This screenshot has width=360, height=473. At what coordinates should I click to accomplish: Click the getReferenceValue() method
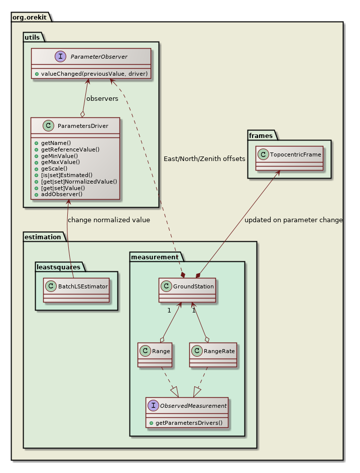pos(70,149)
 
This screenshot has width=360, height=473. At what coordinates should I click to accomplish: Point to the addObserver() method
pos(62,194)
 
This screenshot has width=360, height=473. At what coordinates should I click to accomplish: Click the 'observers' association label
pos(102,98)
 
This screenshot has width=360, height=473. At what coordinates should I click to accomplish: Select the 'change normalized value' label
pos(108,220)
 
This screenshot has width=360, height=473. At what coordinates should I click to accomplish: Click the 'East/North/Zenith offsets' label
pos(204,159)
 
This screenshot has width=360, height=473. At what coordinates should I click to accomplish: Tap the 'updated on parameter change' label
pos(293,220)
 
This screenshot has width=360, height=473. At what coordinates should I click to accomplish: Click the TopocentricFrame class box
pos(289,158)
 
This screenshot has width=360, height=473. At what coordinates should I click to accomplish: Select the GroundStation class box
pos(187,290)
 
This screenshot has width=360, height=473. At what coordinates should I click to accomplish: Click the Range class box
pos(155,355)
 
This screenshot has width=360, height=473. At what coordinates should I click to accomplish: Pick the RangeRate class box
pos(213,355)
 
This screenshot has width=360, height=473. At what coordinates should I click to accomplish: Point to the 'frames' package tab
pos(260,135)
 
